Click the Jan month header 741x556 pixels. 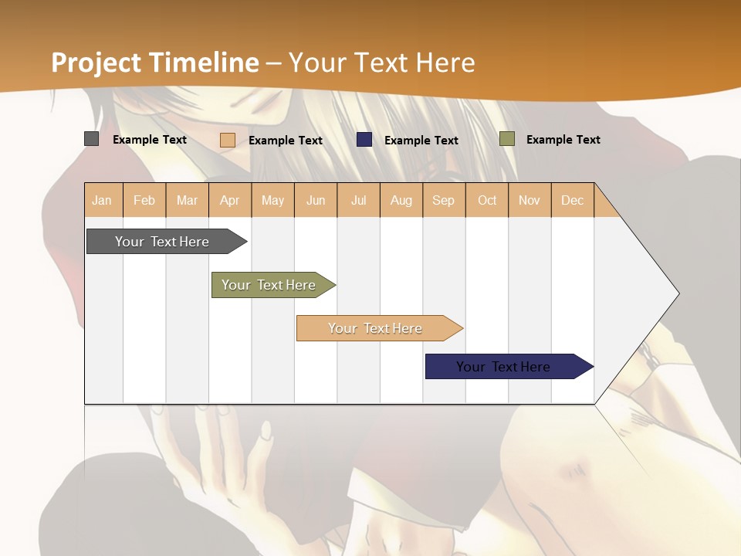[102, 200]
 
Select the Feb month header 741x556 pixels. [144, 200]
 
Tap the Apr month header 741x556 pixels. [229, 200]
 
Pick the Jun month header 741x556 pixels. [316, 200]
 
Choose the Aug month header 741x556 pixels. [401, 200]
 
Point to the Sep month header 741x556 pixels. [443, 200]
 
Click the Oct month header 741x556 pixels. [487, 200]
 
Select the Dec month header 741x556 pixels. [572, 200]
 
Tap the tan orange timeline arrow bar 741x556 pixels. [376, 328]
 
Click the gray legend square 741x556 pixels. [91, 139]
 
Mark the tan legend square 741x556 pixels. [228, 140]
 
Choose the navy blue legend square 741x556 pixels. [364, 140]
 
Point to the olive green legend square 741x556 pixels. [507, 139]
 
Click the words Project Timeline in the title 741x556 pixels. [155, 62]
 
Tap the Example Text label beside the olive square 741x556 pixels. [563, 140]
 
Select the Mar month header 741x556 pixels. [187, 200]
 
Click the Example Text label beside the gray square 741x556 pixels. [150, 140]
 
